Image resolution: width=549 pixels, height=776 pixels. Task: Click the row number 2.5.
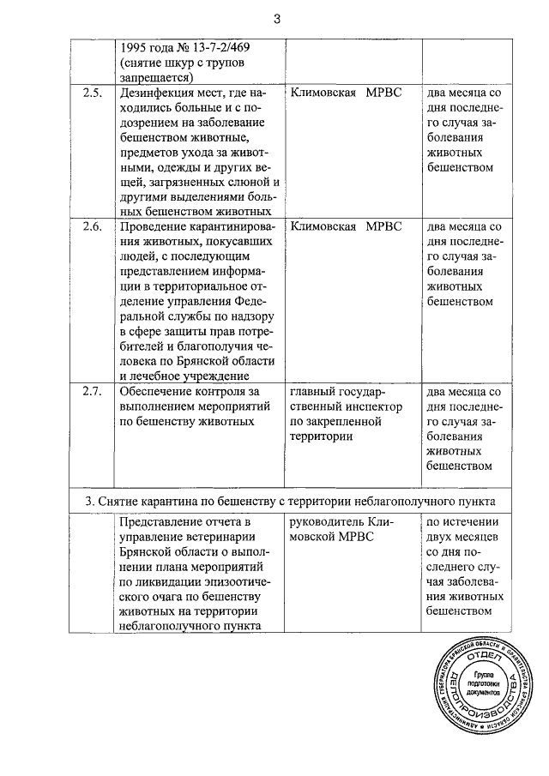pyautogui.click(x=92, y=93)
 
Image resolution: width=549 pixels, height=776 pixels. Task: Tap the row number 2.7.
pyautogui.click(x=92, y=392)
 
